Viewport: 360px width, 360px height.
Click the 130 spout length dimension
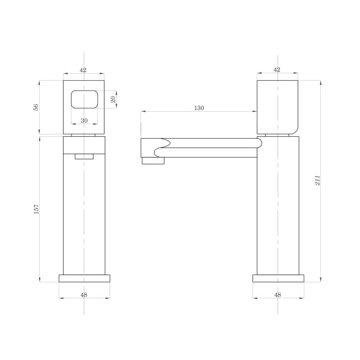(x=199, y=108)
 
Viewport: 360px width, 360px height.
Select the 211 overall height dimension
(x=317, y=180)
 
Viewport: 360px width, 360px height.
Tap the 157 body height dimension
(x=36, y=209)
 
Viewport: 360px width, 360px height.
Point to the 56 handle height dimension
(x=36, y=107)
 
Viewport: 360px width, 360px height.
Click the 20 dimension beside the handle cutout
(x=113, y=100)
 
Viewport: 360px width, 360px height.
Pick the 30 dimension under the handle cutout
(x=84, y=120)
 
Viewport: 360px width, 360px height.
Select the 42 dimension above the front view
(x=83, y=70)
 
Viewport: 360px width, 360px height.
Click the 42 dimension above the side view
(x=277, y=70)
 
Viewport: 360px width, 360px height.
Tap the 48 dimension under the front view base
(x=84, y=295)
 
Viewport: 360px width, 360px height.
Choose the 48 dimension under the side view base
(x=277, y=295)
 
